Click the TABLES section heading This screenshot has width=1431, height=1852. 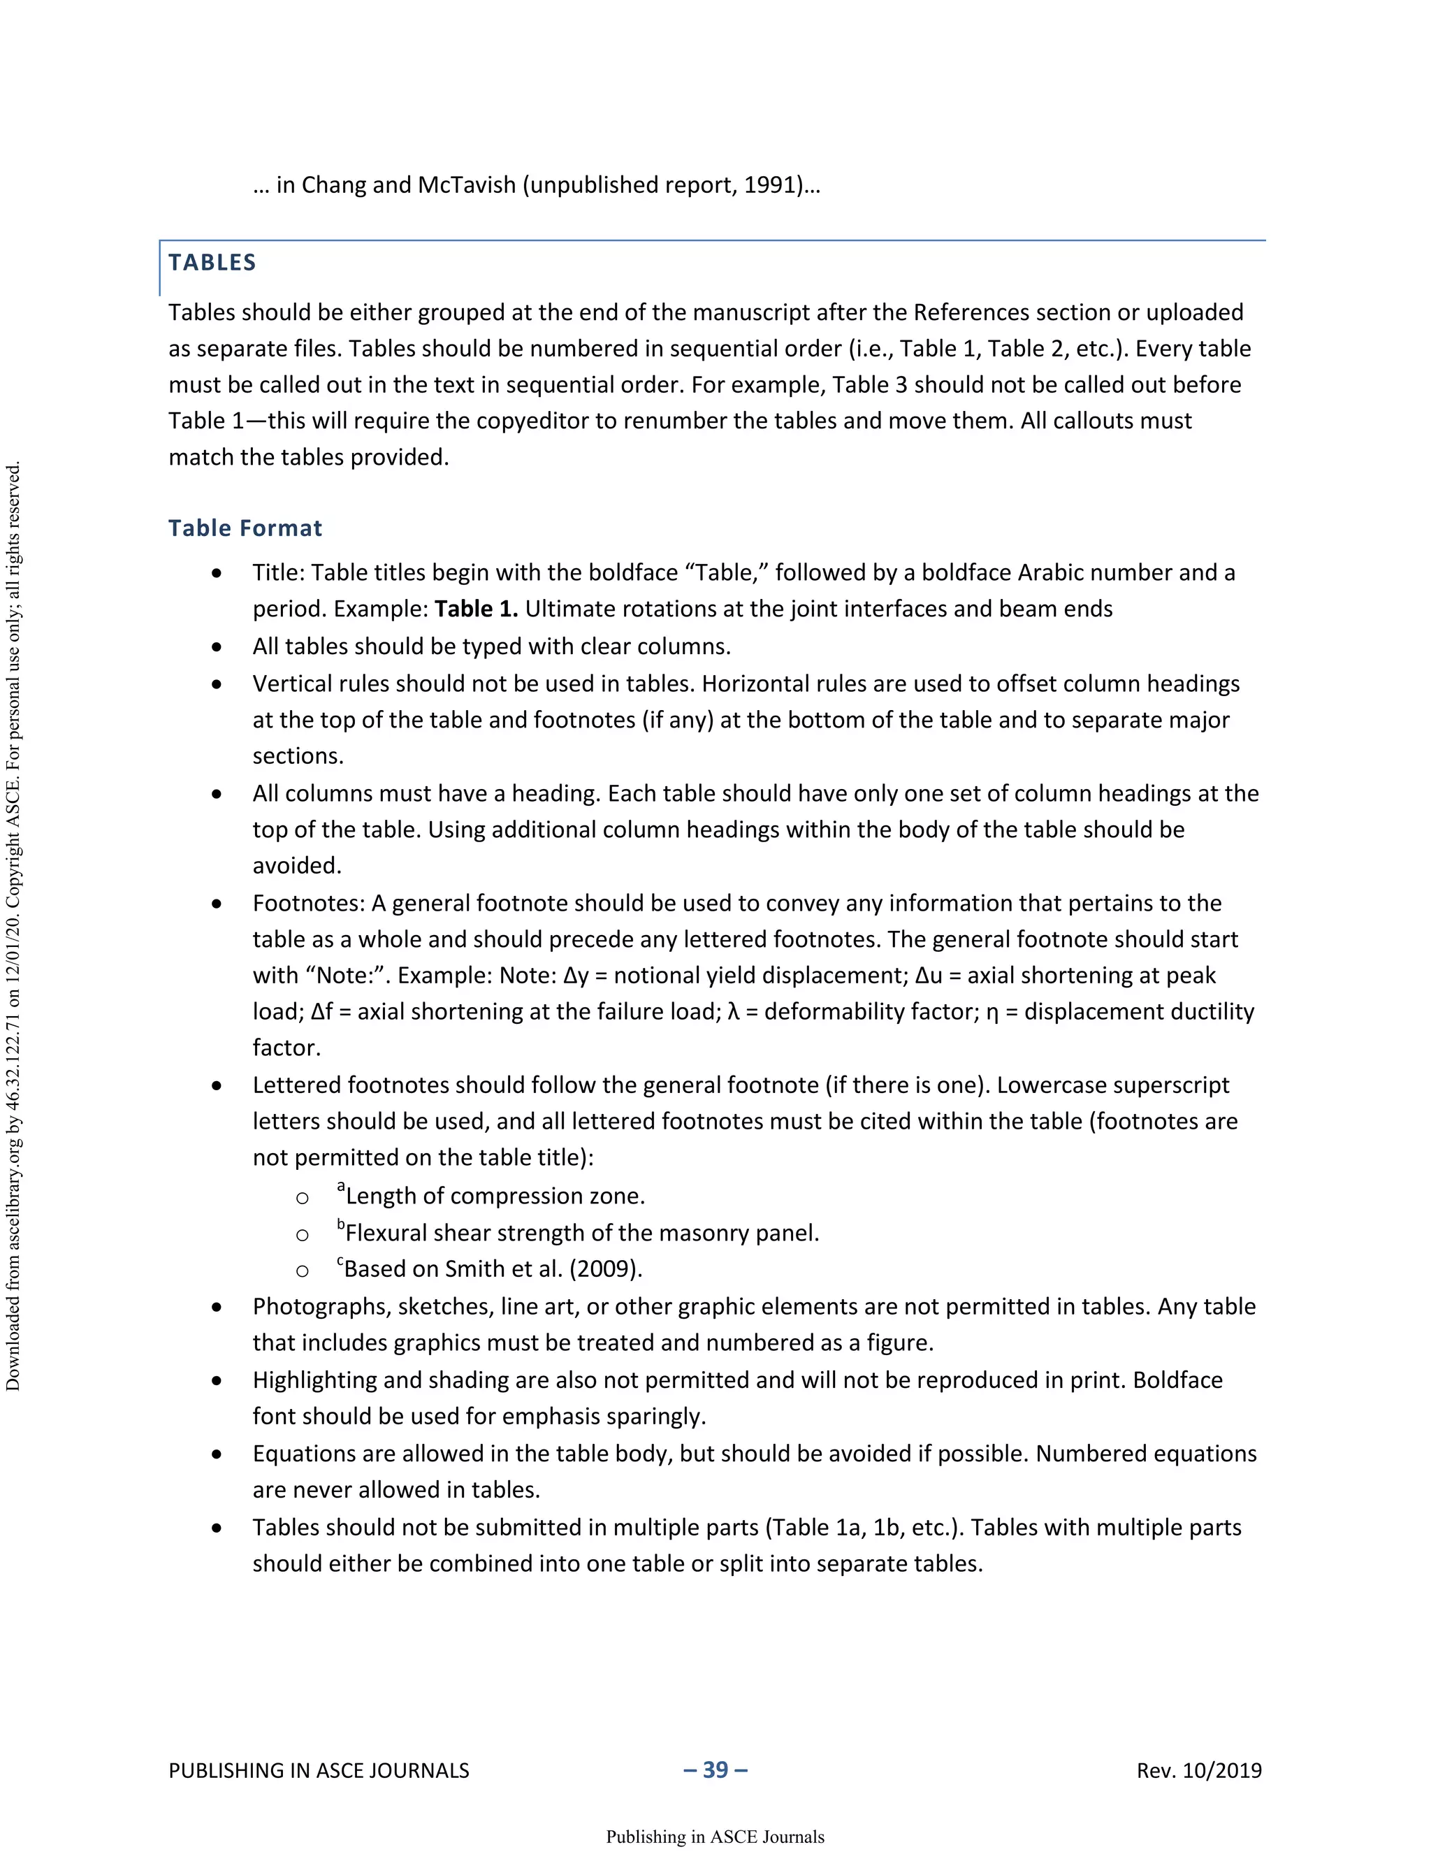[x=212, y=263]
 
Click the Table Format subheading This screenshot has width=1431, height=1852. [x=245, y=528]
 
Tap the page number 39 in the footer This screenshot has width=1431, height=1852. [x=715, y=1769]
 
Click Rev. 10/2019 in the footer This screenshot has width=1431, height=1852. [x=1199, y=1771]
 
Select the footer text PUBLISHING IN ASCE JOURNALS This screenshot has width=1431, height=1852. [x=319, y=1771]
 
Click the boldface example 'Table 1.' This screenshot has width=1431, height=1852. [x=476, y=609]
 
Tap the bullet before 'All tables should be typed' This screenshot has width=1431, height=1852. [x=217, y=647]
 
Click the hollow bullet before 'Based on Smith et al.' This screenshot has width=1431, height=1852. [x=302, y=1271]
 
